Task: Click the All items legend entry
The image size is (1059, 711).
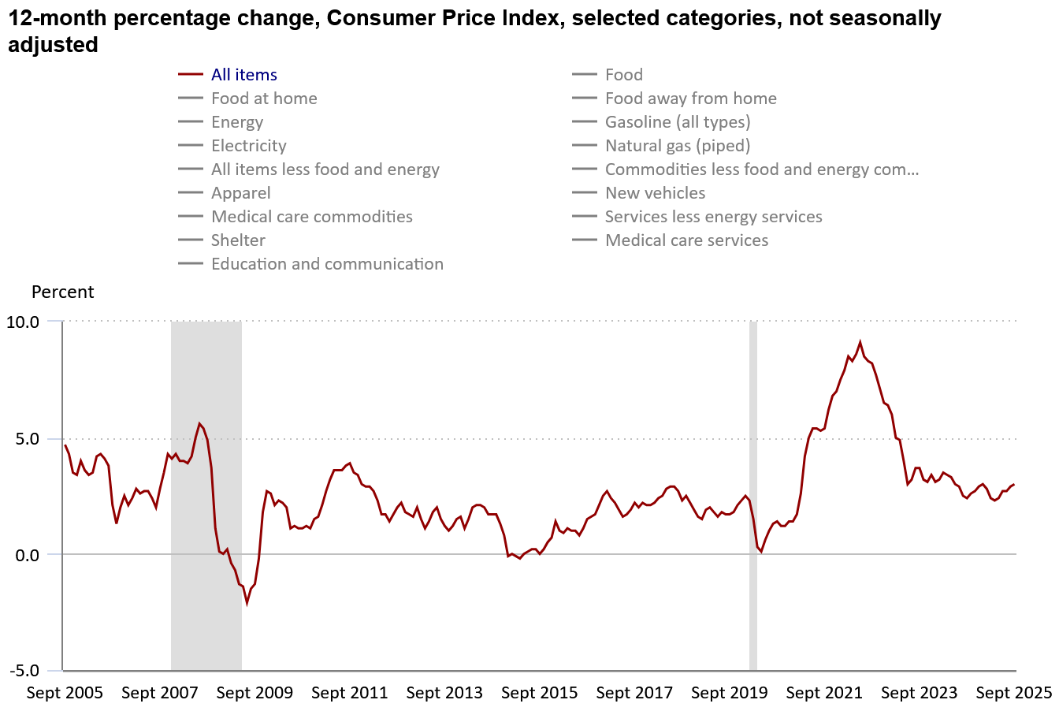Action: pyautogui.click(x=243, y=75)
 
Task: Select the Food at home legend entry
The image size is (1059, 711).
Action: pyautogui.click(x=264, y=99)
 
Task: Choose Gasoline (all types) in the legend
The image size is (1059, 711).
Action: pyautogui.click(x=677, y=122)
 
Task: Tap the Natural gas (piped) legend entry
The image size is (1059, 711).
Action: pyautogui.click(x=677, y=146)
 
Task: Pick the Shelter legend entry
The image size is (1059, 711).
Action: pyautogui.click(x=238, y=240)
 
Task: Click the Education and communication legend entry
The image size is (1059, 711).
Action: pyautogui.click(x=327, y=264)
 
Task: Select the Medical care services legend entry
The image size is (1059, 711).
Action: pyautogui.click(x=686, y=240)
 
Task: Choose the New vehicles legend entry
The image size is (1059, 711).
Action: pyautogui.click(x=655, y=193)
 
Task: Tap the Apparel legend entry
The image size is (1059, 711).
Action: pyautogui.click(x=240, y=193)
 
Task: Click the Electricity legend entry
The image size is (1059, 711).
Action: pyautogui.click(x=248, y=146)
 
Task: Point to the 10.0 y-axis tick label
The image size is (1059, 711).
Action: pyautogui.click(x=23, y=322)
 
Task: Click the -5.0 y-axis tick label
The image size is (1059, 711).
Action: pyautogui.click(x=23, y=672)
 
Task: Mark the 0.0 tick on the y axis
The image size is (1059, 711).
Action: pyautogui.click(x=26, y=555)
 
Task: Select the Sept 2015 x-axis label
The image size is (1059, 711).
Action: pyautogui.click(x=539, y=693)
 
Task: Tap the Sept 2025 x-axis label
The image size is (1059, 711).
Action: pyautogui.click(x=1013, y=693)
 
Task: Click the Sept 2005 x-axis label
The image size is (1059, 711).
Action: pyautogui.click(x=65, y=693)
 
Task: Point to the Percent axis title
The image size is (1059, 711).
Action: pyautogui.click(x=62, y=292)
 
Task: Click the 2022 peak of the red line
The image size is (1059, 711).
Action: pyautogui.click(x=860, y=342)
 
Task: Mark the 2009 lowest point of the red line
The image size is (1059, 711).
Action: pyautogui.click(x=247, y=603)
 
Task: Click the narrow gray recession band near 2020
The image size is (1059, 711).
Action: pyautogui.click(x=752, y=497)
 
